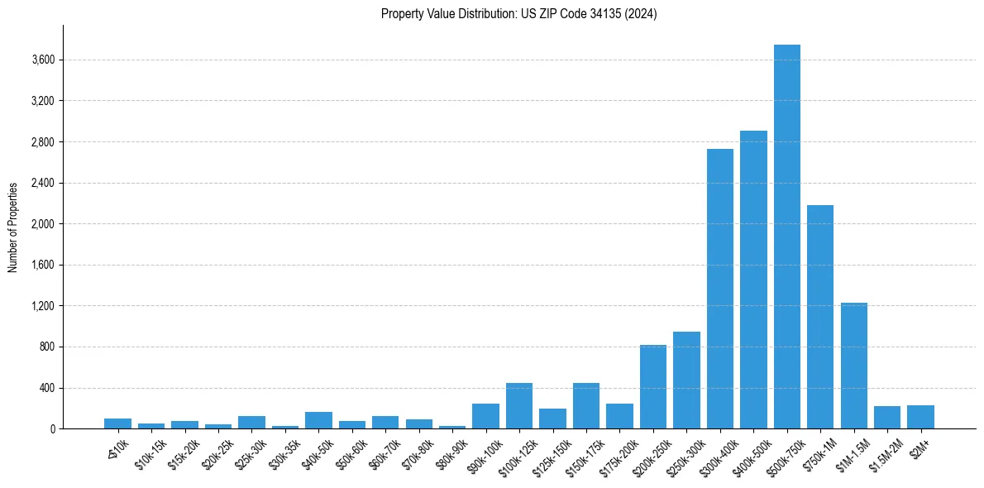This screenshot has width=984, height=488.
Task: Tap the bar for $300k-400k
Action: [x=719, y=289]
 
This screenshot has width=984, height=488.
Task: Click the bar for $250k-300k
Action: [x=686, y=380]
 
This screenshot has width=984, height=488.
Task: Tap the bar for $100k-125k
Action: [x=519, y=406]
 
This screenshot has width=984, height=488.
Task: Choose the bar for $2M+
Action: [x=920, y=417]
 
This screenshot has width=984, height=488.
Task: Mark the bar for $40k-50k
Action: [x=318, y=420]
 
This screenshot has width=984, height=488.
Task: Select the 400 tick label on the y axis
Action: [x=48, y=388]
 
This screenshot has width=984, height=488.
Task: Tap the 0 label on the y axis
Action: [x=52, y=429]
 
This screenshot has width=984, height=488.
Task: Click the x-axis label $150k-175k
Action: [x=585, y=455]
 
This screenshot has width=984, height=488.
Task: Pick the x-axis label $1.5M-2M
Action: [x=886, y=455]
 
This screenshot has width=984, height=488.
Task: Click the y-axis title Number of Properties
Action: [x=13, y=227]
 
